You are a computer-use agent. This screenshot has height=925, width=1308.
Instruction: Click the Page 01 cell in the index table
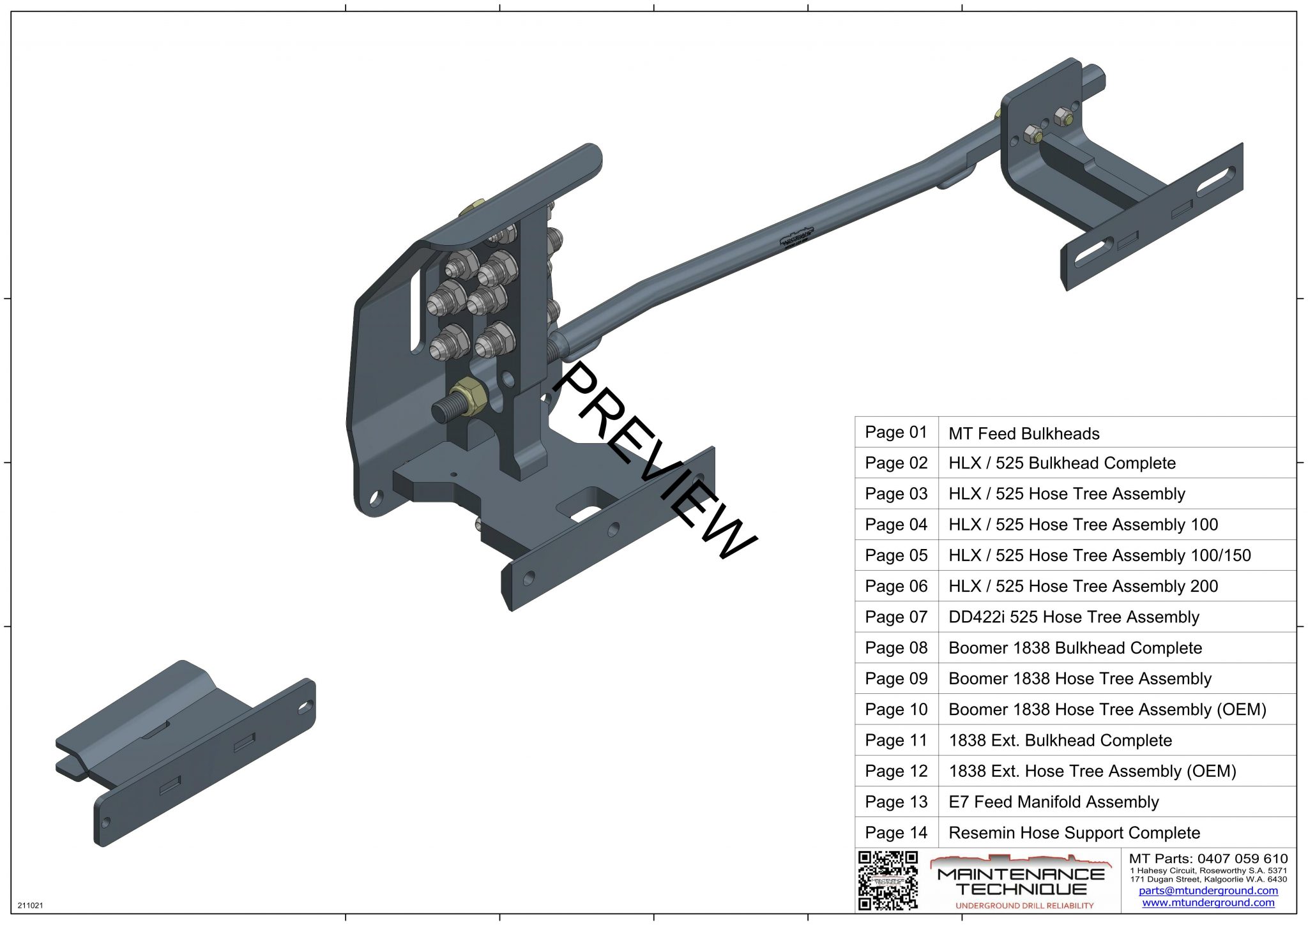point(896,432)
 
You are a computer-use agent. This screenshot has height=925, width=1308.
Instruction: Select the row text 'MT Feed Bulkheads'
point(1024,434)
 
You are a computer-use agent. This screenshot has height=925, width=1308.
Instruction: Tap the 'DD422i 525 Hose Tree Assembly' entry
point(1074,617)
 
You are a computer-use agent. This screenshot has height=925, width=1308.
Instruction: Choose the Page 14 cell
point(896,833)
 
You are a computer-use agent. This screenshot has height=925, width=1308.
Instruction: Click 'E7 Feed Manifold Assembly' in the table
point(1054,802)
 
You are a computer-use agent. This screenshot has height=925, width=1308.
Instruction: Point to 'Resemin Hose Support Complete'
point(1074,833)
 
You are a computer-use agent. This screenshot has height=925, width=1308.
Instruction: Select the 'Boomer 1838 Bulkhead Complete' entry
point(1076,648)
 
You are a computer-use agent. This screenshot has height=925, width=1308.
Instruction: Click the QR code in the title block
point(888,880)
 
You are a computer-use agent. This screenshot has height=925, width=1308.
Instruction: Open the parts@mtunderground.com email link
point(1208,891)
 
